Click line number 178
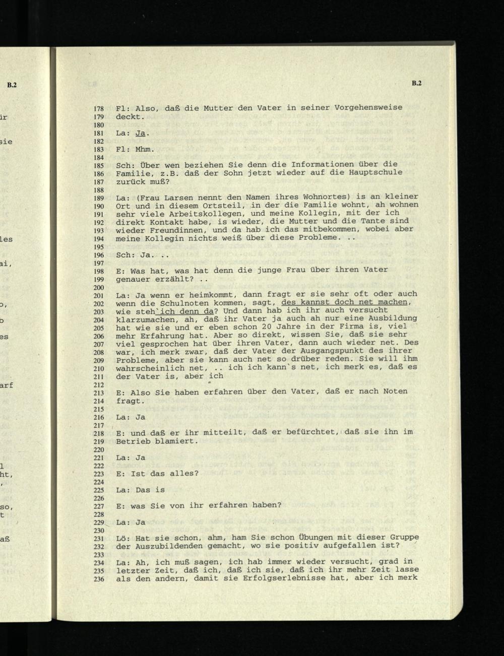pos(98,108)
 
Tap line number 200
pos(98,287)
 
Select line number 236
pos(98,579)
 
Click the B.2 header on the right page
pos(416,84)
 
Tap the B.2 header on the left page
pos(12,85)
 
